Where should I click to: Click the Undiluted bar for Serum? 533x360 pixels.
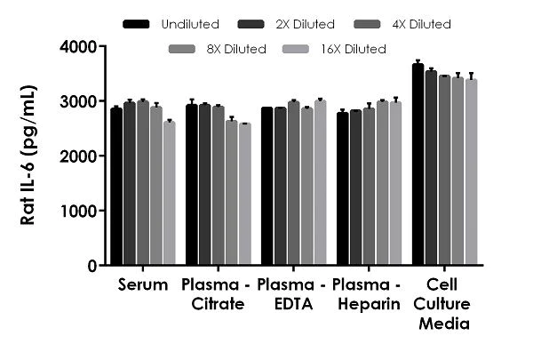point(116,187)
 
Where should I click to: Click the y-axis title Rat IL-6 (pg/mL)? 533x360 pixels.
point(28,156)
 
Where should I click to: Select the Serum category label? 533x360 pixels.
point(142,286)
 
